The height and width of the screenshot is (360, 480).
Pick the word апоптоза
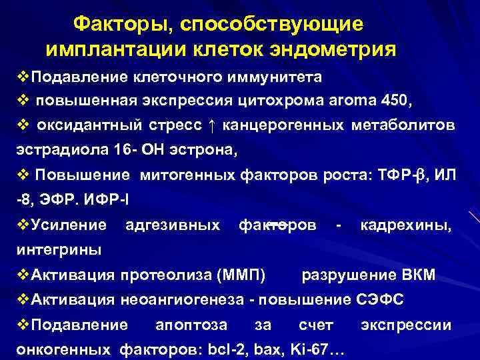coord(191,325)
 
